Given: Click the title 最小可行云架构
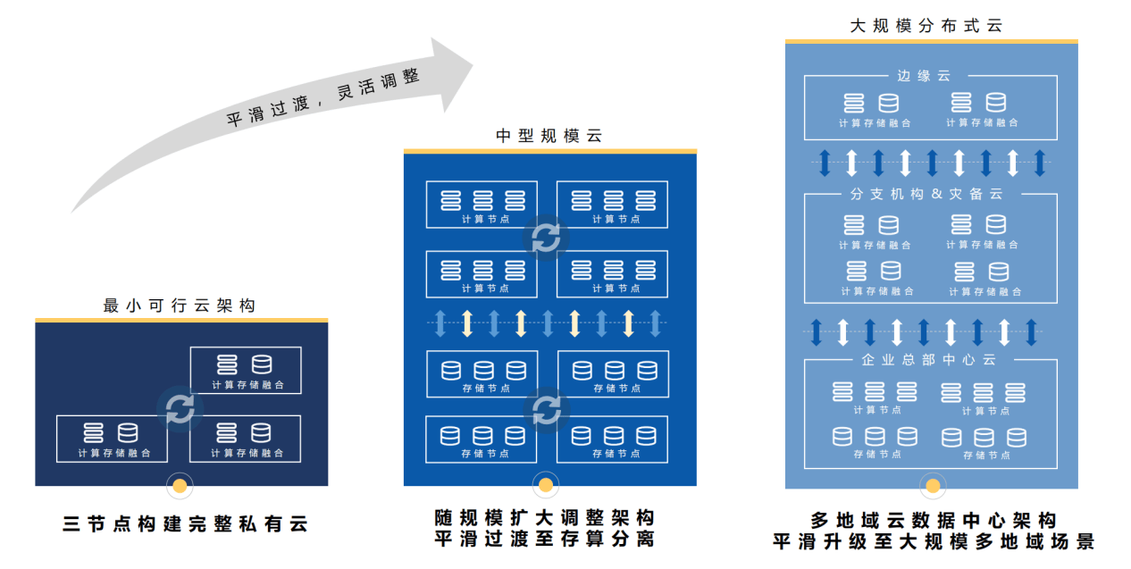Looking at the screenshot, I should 180,305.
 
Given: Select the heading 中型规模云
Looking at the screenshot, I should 549,137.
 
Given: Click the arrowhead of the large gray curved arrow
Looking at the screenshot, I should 451,72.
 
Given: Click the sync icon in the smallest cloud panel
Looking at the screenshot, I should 180,409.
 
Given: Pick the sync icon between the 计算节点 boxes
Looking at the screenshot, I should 546,238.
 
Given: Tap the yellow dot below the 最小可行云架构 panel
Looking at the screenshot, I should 180,486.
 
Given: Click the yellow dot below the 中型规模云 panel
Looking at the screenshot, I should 545,486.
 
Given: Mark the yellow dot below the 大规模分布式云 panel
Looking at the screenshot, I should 933,486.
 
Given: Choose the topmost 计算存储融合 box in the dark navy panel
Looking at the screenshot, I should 246,370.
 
